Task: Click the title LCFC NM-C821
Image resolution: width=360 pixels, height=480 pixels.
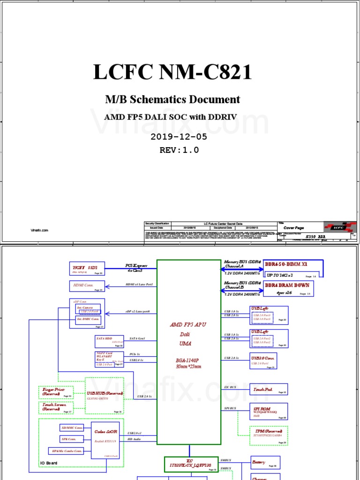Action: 172,73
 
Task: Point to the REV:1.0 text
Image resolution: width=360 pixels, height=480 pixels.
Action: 180,150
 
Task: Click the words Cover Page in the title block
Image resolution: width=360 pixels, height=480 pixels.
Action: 294,228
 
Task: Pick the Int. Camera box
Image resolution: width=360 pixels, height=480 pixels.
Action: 88,309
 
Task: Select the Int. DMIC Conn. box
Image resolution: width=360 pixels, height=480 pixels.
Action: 88,320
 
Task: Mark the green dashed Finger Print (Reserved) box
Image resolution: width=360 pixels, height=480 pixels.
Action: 56,392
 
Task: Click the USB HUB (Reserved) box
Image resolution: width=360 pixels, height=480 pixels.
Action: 105,395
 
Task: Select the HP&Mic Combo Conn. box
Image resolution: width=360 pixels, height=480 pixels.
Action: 66,451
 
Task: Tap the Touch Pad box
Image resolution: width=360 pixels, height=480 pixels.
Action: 269,389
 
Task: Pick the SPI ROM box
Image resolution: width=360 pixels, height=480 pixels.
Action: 269,412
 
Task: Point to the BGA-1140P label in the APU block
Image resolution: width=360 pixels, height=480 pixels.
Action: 187,361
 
